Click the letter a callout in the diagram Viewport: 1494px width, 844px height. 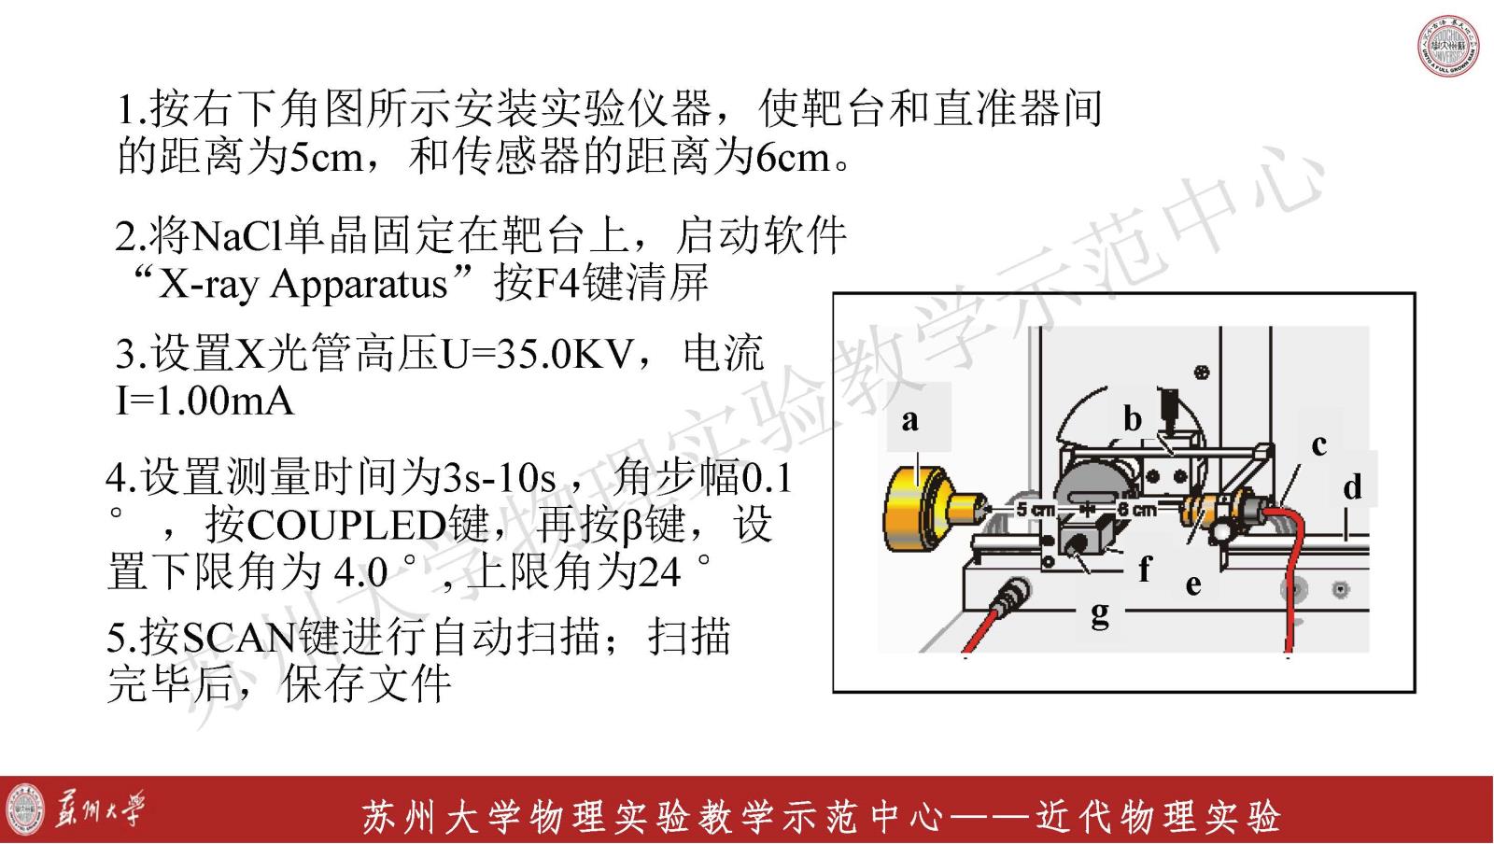(910, 421)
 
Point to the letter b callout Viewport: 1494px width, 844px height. (1133, 419)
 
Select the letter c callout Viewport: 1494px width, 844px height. (1318, 445)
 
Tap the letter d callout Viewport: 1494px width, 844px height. (1352, 486)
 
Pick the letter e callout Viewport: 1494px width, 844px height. (1193, 584)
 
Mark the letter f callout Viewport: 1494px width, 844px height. (1145, 569)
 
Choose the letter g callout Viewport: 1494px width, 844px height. (1101, 613)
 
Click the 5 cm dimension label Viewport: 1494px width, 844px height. (1036, 510)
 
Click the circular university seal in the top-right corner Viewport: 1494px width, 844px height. (1448, 46)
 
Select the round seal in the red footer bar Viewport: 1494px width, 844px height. (25, 809)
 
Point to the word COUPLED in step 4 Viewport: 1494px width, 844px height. (346, 526)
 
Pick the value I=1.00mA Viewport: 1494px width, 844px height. (204, 401)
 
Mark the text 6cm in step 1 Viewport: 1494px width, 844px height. (793, 158)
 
